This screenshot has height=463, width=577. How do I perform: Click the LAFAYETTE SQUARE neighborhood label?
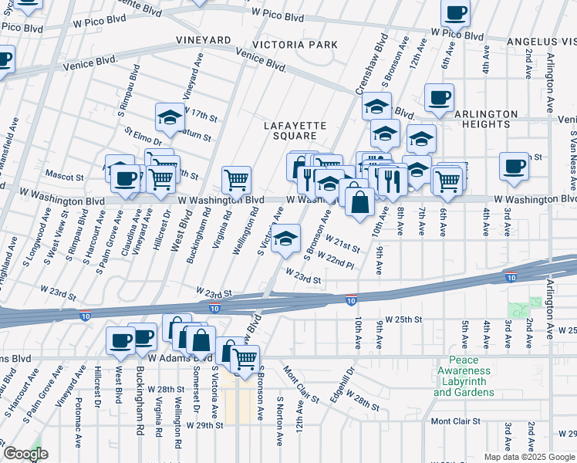point(295,130)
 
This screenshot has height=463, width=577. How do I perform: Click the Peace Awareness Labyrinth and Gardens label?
point(464,377)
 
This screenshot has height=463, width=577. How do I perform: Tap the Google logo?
point(25,454)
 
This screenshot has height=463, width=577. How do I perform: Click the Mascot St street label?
point(64,176)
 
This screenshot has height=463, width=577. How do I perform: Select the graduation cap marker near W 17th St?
point(170,117)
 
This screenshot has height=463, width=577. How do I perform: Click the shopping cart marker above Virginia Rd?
point(237,180)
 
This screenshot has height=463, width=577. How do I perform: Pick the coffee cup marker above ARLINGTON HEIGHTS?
point(439,98)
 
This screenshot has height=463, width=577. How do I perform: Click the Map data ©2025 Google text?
point(528,457)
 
